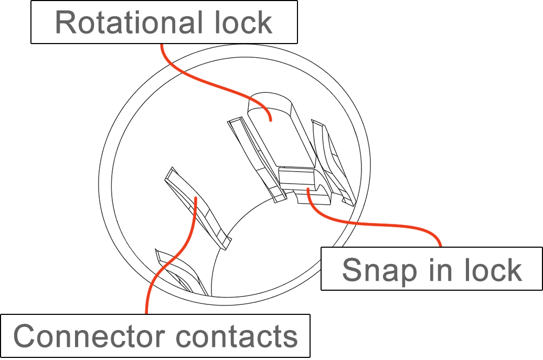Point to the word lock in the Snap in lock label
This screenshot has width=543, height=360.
point(493,270)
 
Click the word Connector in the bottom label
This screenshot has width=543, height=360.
point(89,336)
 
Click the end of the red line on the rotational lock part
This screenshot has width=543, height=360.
point(271,120)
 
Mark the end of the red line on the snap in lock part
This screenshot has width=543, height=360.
point(307,189)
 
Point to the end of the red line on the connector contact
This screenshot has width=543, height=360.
point(196,198)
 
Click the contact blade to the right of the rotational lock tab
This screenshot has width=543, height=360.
point(333,163)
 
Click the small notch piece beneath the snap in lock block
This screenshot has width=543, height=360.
point(313,197)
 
